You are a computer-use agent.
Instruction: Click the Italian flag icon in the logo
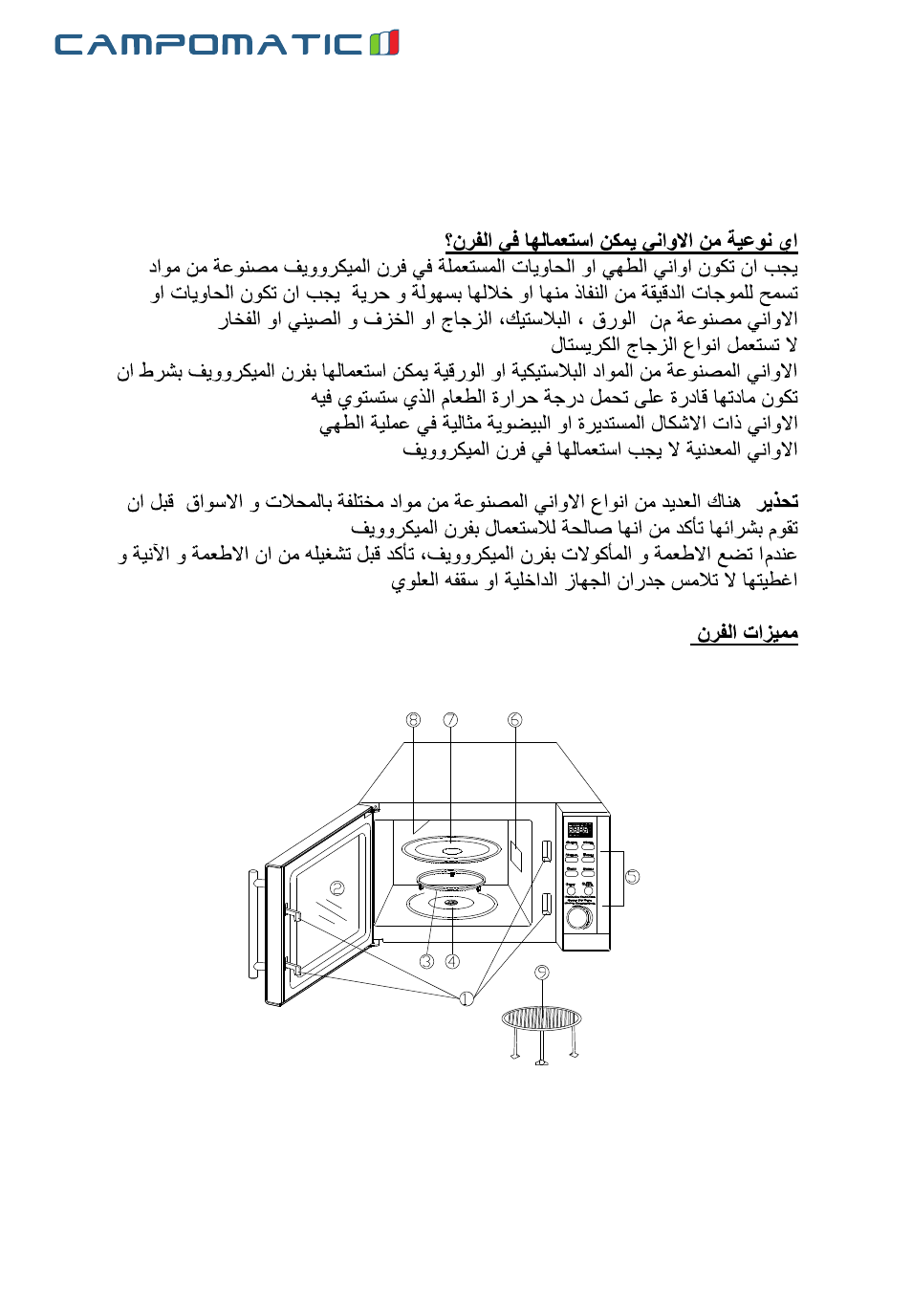tap(384, 43)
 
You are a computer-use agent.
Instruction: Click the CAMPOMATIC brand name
tap(209, 44)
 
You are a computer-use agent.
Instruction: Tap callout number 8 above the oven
tap(413, 720)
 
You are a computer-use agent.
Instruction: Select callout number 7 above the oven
tap(450, 720)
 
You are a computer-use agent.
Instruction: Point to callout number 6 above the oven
tap(515, 720)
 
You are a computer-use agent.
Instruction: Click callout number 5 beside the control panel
tap(632, 876)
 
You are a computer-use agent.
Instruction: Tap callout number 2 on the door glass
tap(337, 887)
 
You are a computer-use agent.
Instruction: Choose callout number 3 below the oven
tap(426, 961)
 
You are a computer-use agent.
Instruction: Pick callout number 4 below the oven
tap(452, 961)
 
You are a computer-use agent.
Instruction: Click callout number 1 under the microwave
tap(466, 998)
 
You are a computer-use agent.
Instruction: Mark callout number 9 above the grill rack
tap(542, 973)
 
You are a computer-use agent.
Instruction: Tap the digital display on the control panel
tap(579, 829)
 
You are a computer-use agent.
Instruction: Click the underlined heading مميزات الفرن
tap(745, 633)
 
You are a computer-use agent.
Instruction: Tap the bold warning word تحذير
tap(777, 501)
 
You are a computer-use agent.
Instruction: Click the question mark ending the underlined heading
tap(449, 240)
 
